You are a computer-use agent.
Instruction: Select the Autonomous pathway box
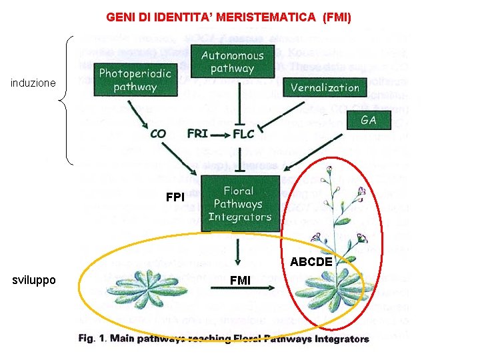tap(232, 62)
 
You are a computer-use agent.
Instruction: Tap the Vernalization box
tap(325, 87)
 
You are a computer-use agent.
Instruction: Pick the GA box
tap(368, 120)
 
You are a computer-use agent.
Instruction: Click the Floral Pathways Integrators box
tap(239, 204)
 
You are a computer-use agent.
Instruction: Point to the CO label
tap(158, 133)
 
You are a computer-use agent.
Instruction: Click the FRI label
tap(197, 133)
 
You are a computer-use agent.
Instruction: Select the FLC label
tap(243, 133)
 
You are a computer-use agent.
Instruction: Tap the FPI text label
tap(175, 198)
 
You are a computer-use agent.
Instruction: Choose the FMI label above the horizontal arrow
tap(240, 280)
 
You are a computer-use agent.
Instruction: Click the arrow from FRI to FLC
tap(220, 133)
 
